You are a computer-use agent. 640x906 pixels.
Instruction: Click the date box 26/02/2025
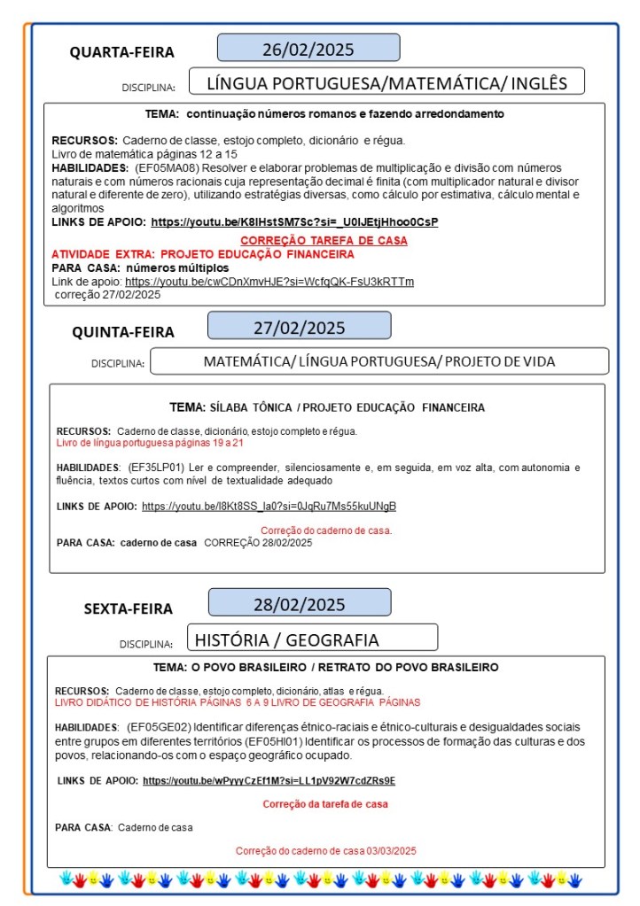[308, 48]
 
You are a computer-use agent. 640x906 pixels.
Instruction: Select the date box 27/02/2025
[299, 326]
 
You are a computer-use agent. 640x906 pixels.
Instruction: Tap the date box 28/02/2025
[299, 604]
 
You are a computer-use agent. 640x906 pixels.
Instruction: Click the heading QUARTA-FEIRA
[122, 52]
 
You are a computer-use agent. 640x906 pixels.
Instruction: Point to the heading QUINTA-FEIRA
[123, 332]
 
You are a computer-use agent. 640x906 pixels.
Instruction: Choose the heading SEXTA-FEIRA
[129, 608]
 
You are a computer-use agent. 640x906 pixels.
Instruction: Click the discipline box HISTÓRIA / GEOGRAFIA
[312, 639]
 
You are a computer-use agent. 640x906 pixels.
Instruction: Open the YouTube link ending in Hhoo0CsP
[294, 221]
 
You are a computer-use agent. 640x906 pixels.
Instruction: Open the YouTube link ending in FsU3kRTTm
[269, 282]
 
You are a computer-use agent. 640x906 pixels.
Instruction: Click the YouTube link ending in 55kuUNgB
[269, 507]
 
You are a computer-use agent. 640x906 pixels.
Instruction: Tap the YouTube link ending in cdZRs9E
[269, 781]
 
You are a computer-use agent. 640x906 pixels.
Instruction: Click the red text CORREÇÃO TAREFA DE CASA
[324, 241]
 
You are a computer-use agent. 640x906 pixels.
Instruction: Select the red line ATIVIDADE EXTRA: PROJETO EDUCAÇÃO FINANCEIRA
[203, 254]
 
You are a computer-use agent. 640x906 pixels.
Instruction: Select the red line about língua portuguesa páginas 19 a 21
[150, 442]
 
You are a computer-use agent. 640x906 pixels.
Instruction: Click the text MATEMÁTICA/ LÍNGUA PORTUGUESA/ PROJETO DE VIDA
[379, 361]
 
